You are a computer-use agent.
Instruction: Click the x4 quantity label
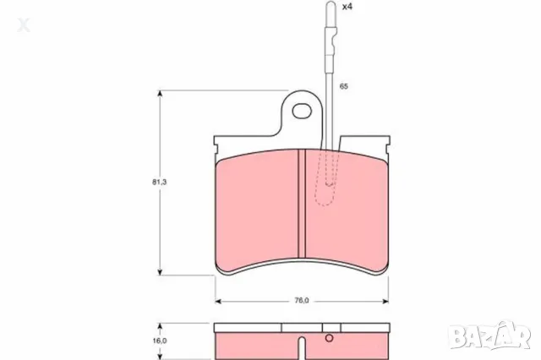coord(347,7)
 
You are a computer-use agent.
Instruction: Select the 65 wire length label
coord(344,87)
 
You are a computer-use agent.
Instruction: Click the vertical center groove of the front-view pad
coord(302,203)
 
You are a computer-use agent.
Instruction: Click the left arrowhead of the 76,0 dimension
coord(219,301)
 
